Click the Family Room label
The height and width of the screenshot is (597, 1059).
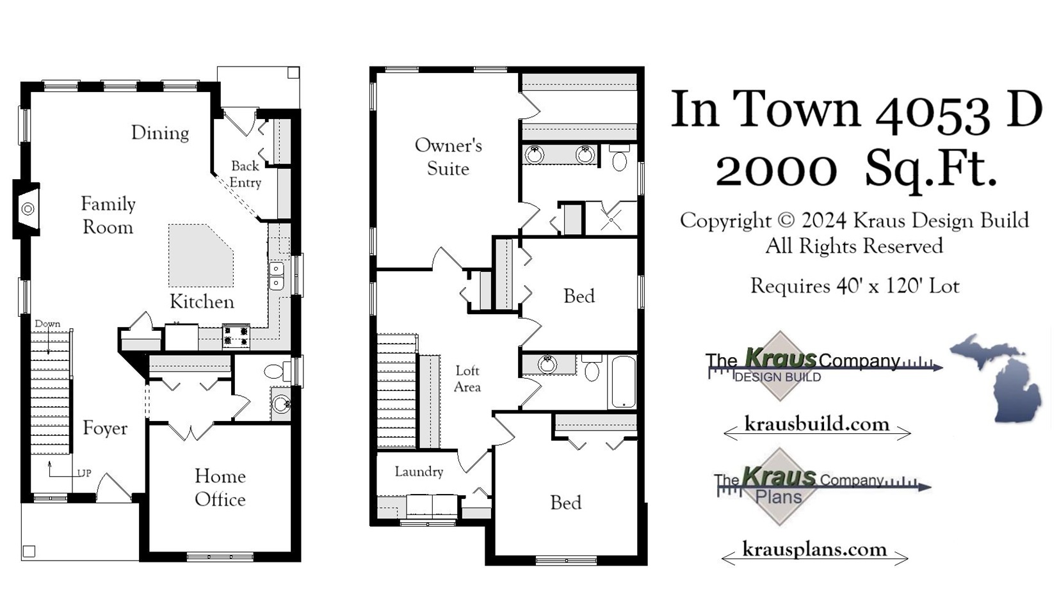tap(108, 216)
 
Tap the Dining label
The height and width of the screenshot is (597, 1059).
tap(160, 133)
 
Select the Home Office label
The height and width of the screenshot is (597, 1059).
tap(220, 488)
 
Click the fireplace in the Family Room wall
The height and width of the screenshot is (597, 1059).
tap(28, 209)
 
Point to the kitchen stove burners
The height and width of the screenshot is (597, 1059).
tap(236, 336)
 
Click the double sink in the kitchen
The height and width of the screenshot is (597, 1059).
tap(276, 275)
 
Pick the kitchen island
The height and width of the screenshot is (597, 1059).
tap(200, 255)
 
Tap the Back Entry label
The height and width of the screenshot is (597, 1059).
tap(245, 174)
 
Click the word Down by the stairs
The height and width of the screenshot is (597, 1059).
tap(47, 324)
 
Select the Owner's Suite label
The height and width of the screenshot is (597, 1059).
tap(448, 157)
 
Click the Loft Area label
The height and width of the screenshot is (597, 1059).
tap(467, 379)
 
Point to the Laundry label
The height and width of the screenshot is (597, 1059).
tap(419, 472)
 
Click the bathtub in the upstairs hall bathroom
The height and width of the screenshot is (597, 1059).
tap(622, 381)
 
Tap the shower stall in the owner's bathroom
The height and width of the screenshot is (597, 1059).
tap(611, 219)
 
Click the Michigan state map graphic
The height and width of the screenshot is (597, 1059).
tap(998, 378)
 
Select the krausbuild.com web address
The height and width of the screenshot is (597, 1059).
tap(816, 424)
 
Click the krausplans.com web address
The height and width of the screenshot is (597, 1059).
tap(814, 550)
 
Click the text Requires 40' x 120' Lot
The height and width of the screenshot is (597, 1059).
tap(854, 286)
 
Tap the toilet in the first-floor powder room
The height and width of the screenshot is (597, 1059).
tap(275, 372)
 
